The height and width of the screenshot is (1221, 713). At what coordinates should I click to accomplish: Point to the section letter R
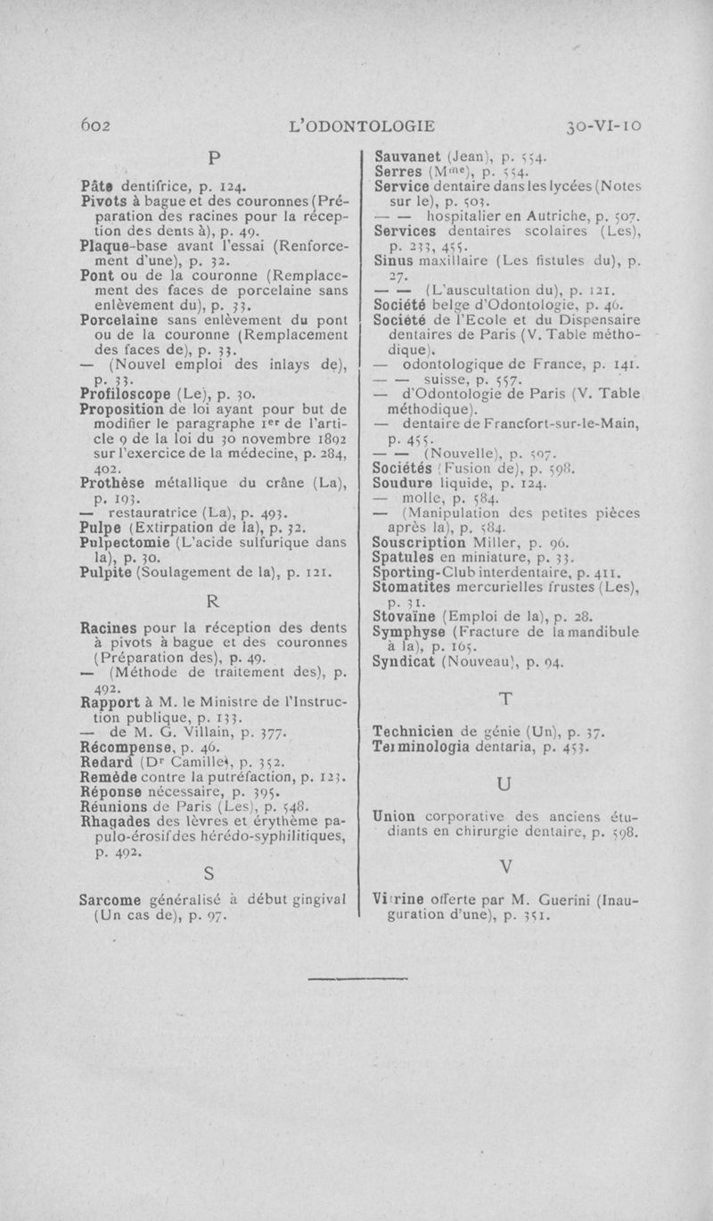click(x=214, y=602)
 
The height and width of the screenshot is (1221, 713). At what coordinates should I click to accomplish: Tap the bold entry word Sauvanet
click(x=410, y=152)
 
